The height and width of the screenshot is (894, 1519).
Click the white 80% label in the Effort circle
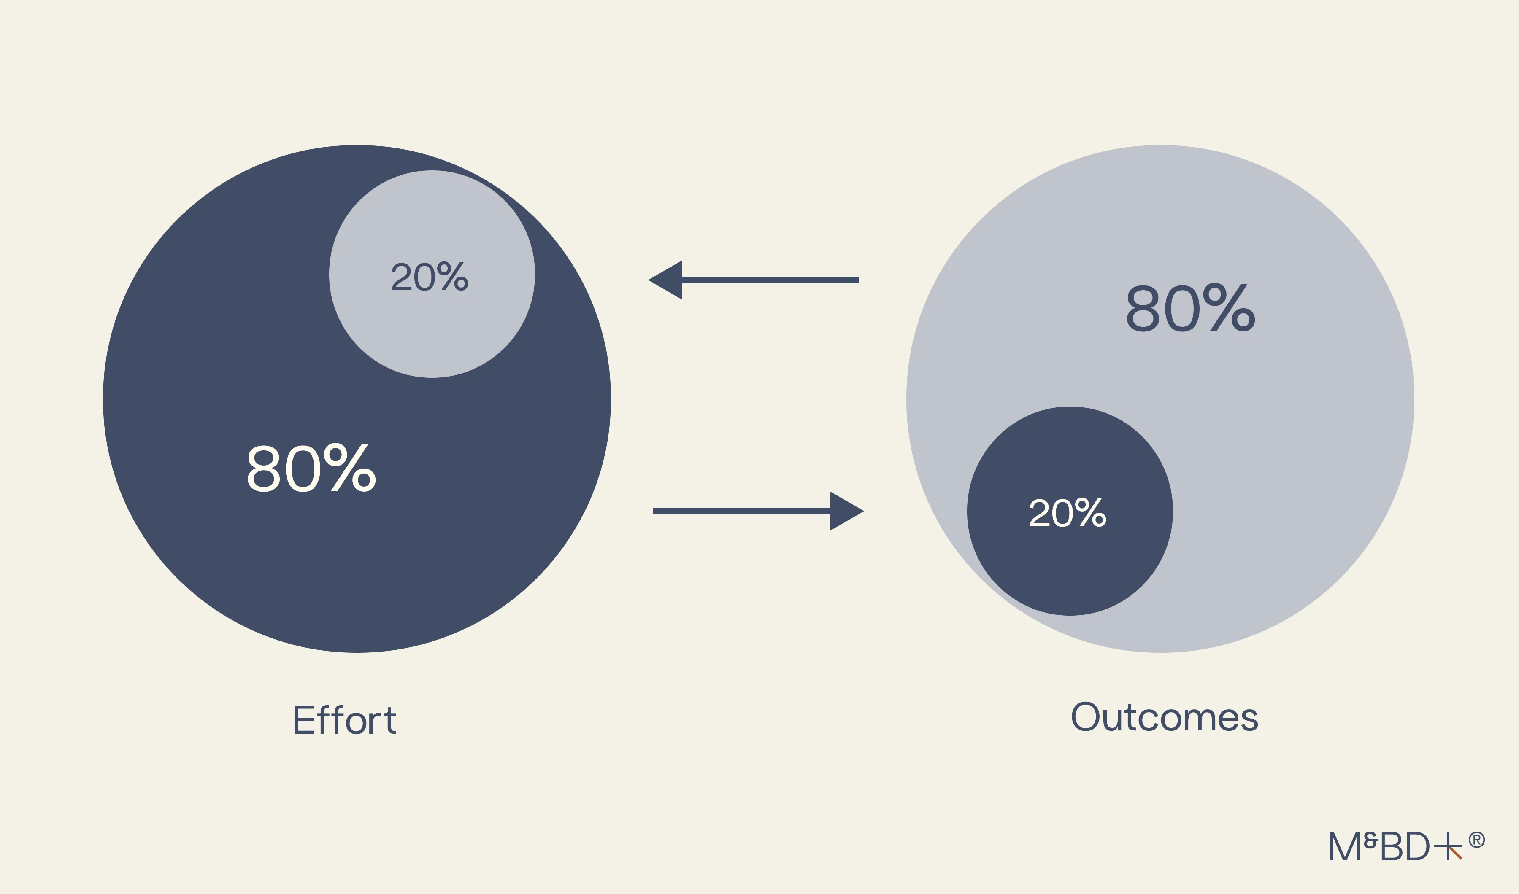pos(311,469)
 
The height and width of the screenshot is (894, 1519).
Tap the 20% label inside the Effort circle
pos(429,277)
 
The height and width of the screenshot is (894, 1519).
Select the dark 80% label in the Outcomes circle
pos(1190,308)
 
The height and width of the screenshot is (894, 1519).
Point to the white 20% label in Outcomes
pos(1067,513)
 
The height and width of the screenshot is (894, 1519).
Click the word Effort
pos(344,720)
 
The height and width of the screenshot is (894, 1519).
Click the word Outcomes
pos(1165,717)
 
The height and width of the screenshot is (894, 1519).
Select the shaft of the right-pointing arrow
pos(741,512)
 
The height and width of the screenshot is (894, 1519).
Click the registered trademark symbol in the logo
pos(1477,840)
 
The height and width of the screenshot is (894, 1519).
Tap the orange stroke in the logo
pos(1456,854)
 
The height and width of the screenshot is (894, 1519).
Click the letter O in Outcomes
pos(1086,716)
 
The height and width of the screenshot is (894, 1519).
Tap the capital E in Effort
pos(304,720)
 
